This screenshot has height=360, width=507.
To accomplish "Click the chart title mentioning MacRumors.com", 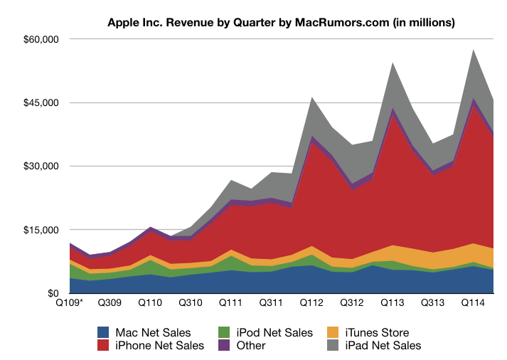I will pyautogui.click(x=282, y=22).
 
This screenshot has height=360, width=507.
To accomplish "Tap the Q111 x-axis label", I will pyautogui.click(x=231, y=303).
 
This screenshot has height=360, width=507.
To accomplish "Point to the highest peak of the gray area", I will pyautogui.click(x=474, y=49).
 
